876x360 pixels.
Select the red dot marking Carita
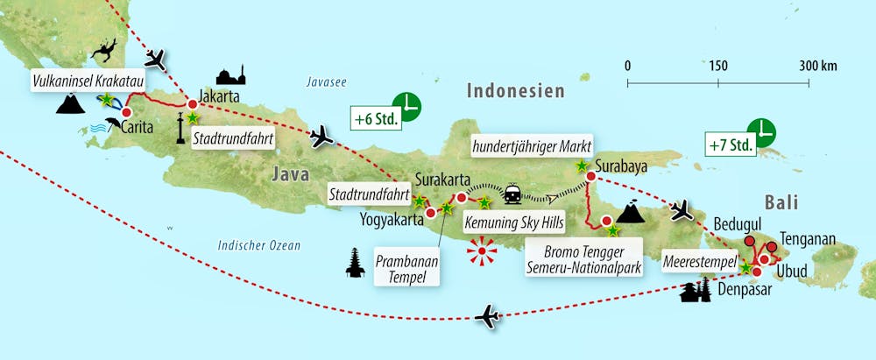126,113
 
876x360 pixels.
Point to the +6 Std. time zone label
376,116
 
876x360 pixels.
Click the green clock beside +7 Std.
765,131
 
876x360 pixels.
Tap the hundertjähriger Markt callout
532,145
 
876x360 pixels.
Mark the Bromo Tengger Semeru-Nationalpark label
583,258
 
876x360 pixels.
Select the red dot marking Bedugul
750,241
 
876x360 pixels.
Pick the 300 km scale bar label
817,66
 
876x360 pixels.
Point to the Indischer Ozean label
258,246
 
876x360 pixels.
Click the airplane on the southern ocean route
486,316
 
